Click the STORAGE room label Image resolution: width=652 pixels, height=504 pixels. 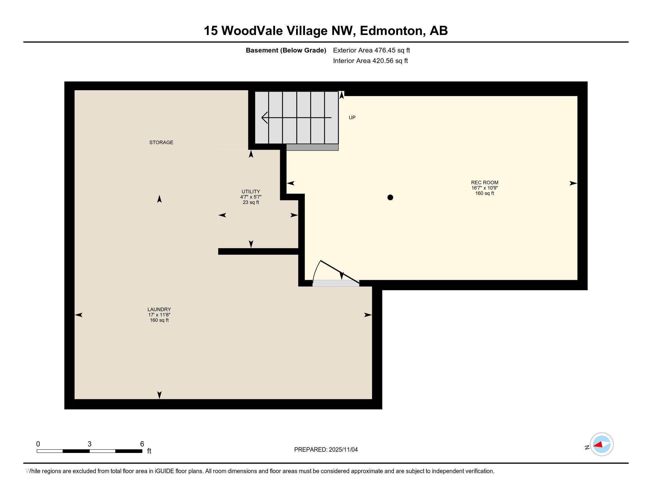click(x=161, y=142)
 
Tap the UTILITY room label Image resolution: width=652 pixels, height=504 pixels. click(x=251, y=192)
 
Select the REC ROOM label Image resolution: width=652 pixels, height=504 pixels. click(x=485, y=182)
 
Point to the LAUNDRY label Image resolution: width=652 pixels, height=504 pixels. click(x=159, y=309)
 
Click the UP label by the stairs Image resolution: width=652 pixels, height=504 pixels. click(x=352, y=118)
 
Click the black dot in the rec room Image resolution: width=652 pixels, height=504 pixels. click(x=390, y=197)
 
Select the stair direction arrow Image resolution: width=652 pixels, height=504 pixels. click(x=296, y=118)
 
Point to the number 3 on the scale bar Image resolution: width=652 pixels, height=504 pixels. click(x=89, y=444)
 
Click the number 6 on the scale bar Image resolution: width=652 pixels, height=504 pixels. click(x=142, y=444)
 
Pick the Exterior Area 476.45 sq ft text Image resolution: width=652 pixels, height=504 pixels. click(x=371, y=50)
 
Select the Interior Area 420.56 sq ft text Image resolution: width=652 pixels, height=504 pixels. click(x=370, y=61)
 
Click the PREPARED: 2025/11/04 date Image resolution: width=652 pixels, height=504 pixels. click(x=326, y=449)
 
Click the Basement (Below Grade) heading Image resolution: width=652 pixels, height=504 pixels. click(x=286, y=50)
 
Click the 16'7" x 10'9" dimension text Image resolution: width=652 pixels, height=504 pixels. click(x=485, y=188)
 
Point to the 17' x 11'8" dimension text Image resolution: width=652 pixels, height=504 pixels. click(x=159, y=315)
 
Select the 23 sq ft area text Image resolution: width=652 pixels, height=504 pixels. click(x=251, y=202)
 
